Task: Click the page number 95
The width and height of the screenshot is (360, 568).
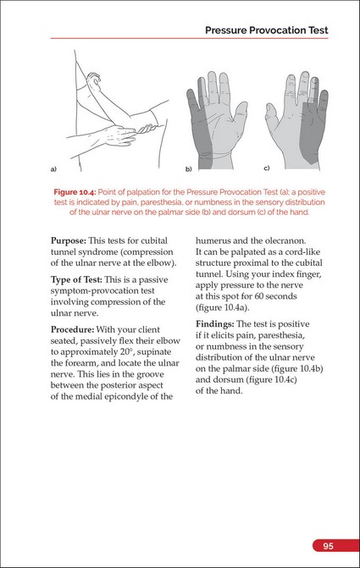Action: point(328,546)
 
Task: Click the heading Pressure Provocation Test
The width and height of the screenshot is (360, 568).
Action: point(267,30)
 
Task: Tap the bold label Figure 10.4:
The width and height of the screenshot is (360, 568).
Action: point(75,192)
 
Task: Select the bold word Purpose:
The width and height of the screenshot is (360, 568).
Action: point(69,241)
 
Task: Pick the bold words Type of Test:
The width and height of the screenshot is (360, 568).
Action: point(76,279)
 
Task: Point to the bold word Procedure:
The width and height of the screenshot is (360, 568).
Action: point(73,329)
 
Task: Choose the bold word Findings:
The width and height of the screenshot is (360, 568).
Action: point(215,324)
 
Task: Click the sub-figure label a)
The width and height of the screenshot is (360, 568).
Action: point(53,168)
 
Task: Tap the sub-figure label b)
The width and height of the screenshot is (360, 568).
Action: point(189,168)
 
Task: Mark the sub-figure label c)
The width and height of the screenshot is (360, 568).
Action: point(267,168)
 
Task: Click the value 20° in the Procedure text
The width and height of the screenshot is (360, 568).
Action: point(127,352)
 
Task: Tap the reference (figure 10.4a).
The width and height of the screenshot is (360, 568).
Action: point(223,307)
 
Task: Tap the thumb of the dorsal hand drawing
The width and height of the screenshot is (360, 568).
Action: point(271,116)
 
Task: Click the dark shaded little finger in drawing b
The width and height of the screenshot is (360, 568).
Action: point(192,105)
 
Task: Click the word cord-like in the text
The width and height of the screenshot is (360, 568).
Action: point(304,251)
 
